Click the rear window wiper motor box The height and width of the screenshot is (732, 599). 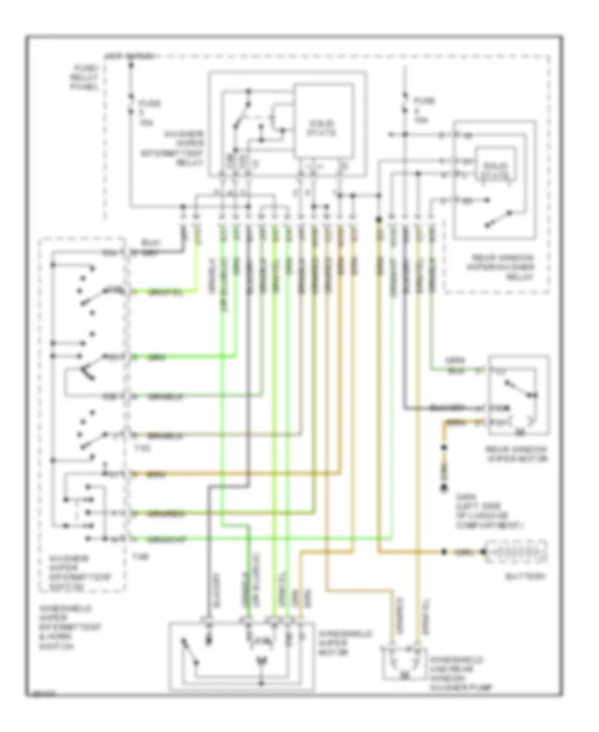(519, 398)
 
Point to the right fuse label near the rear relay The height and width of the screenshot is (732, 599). (421, 110)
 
